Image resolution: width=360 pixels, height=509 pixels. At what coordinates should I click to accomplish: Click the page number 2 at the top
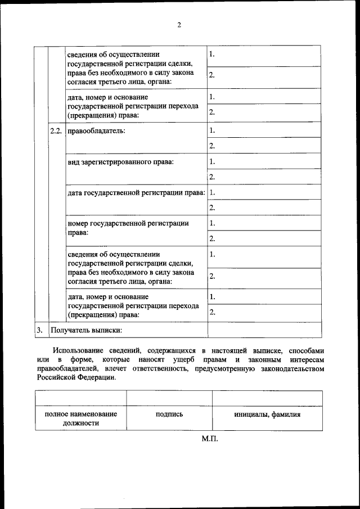179,25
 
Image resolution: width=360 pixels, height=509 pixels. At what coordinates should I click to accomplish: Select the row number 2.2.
56,132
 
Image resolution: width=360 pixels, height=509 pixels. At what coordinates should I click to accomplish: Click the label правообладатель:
96,132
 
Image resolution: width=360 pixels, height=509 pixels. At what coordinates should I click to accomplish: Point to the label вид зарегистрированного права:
120,162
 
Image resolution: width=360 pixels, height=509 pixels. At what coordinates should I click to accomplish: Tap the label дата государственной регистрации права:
136,193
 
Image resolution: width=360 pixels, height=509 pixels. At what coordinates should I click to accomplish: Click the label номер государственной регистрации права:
128,228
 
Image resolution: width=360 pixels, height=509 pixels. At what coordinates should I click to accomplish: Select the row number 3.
39,330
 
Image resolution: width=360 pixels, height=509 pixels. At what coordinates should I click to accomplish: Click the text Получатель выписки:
87,330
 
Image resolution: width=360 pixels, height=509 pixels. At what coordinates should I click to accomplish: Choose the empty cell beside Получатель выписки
264,330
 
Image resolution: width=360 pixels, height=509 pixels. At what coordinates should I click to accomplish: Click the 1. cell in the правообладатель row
264,130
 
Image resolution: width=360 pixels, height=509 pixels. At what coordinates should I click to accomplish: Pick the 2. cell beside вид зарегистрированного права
264,177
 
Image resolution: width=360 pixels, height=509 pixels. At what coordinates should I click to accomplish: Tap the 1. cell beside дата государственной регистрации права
264,192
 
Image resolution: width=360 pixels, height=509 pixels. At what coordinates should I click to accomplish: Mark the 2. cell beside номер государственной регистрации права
264,238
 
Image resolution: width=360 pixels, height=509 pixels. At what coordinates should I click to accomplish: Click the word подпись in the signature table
169,415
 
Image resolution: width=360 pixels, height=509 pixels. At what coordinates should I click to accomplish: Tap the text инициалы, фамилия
267,415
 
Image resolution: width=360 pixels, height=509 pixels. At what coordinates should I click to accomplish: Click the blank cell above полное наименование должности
80,398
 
